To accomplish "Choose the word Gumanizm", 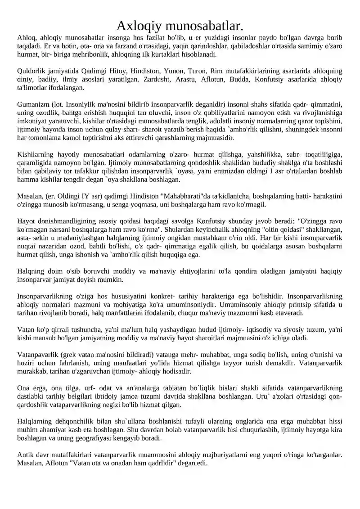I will click(x=33, y=105).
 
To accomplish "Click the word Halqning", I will click(x=30, y=271).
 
